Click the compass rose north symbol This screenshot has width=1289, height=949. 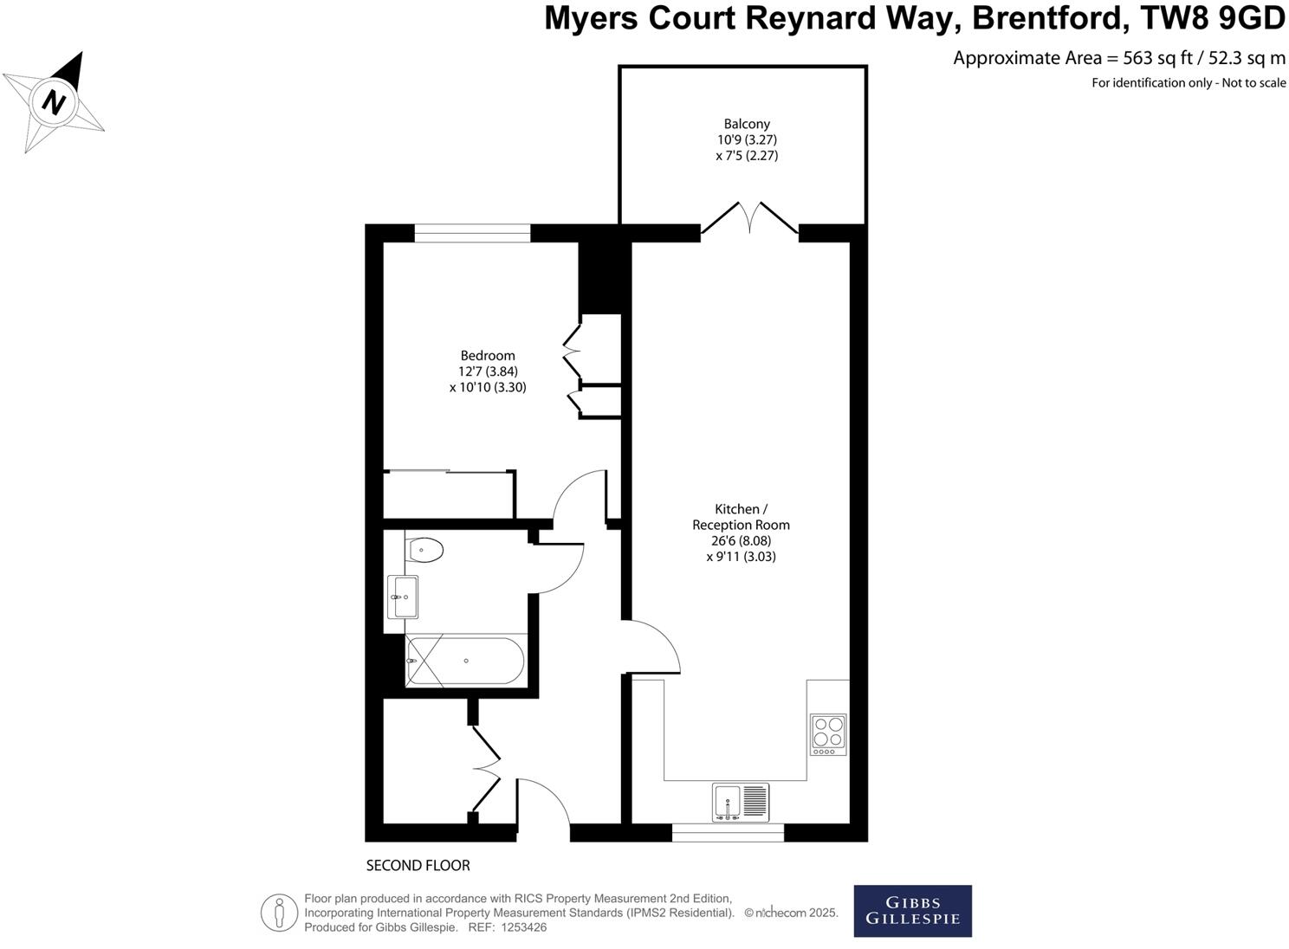pos(55,101)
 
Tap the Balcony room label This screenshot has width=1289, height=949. pos(747,124)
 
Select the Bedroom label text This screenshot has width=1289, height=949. pos(488,355)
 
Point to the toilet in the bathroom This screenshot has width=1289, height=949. pos(424,549)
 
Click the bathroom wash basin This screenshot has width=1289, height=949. pos(404,597)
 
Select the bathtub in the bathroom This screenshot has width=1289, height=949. pos(465,662)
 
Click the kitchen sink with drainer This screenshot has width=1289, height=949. pos(741,802)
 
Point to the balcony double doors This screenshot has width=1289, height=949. pos(749,218)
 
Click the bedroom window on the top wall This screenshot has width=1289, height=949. pos(472,233)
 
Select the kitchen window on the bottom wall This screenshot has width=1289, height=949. pos(728,832)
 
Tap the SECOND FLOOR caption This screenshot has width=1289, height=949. pos(418,865)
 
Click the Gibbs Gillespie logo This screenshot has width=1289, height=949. pos(912,911)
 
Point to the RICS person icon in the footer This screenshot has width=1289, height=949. pos(279,913)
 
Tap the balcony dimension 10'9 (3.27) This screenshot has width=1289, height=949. pos(747,139)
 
